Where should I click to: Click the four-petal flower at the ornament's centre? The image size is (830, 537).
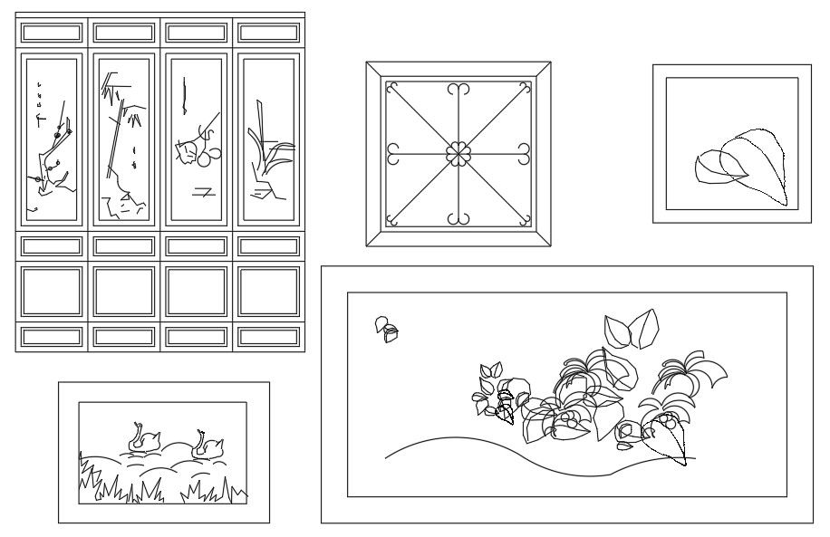[x=458, y=154]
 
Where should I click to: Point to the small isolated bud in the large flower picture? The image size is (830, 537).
[x=387, y=329]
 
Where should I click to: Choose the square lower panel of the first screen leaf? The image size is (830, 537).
[x=52, y=291]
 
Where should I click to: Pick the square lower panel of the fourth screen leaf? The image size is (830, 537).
[x=269, y=291]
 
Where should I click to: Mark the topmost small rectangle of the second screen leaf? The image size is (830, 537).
[x=124, y=34]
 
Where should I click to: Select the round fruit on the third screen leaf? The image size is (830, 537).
[x=206, y=158]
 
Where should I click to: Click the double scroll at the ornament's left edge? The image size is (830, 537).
[x=392, y=154]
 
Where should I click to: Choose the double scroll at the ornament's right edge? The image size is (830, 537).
[x=525, y=154]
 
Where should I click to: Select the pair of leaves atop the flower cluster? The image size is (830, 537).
[x=632, y=329]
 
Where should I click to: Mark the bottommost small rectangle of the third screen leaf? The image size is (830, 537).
[x=197, y=337]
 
